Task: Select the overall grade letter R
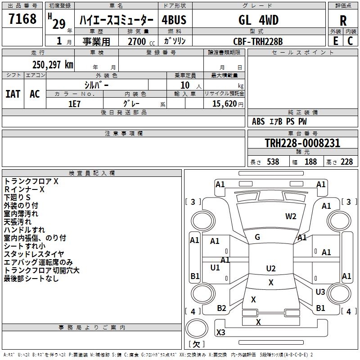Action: point(343,21)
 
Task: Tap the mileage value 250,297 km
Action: point(53,65)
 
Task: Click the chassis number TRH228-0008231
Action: point(302,144)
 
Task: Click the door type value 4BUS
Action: point(174,20)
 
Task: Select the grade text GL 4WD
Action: point(258,20)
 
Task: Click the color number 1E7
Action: point(75,103)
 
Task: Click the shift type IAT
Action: point(13,94)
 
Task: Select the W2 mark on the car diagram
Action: point(291,216)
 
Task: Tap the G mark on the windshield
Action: point(257,237)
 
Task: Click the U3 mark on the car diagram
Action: point(320,292)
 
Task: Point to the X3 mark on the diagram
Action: point(220,333)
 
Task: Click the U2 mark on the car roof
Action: point(270,269)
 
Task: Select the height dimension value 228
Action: point(346,162)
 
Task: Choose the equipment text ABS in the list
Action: point(258,121)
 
